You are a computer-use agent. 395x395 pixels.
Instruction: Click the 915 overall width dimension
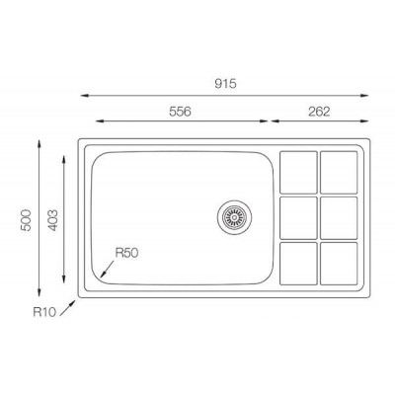click(x=225, y=84)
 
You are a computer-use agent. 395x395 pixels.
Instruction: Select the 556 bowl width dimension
click(x=180, y=112)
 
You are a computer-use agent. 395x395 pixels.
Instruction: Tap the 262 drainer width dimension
click(x=319, y=112)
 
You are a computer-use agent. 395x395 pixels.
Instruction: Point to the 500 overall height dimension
click(x=26, y=220)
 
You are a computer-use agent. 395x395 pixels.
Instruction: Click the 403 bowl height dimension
click(x=53, y=220)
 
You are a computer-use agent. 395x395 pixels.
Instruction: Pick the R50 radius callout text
click(x=126, y=253)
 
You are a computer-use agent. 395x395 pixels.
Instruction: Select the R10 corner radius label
click(x=44, y=312)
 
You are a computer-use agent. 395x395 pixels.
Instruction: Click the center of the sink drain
click(x=234, y=217)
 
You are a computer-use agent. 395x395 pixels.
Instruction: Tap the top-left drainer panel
click(x=298, y=172)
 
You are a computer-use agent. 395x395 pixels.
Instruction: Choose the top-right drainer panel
click(x=339, y=172)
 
